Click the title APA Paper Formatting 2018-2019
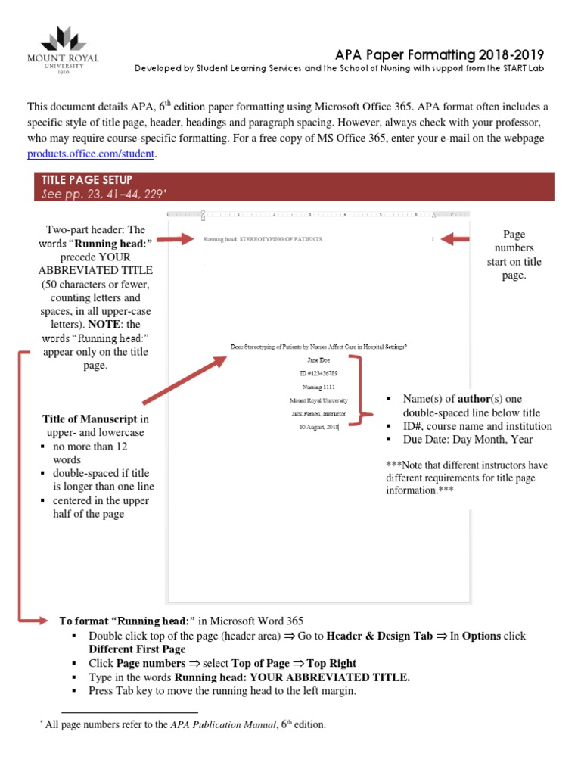(440, 55)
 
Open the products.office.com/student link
(92, 154)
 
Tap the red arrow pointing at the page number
(456, 239)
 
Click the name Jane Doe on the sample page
(318, 360)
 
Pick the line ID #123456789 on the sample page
(318, 373)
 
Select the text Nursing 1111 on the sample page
(318, 387)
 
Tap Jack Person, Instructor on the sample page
(318, 413)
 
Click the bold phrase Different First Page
(137, 649)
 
